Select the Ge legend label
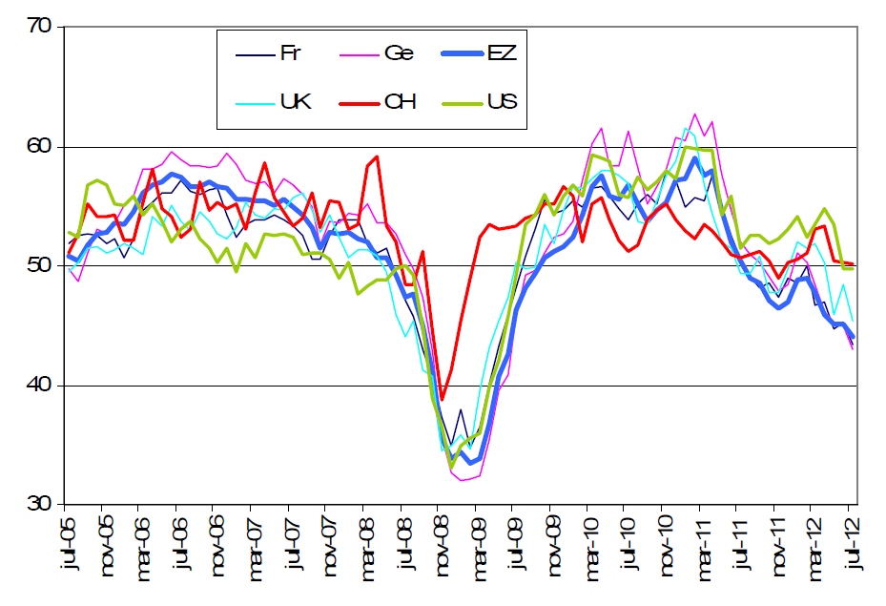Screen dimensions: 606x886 [x=399, y=53]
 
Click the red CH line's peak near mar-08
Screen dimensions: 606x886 [x=378, y=157]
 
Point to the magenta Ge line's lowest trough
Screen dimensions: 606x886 [x=463, y=480]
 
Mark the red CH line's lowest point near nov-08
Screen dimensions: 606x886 [x=442, y=399]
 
